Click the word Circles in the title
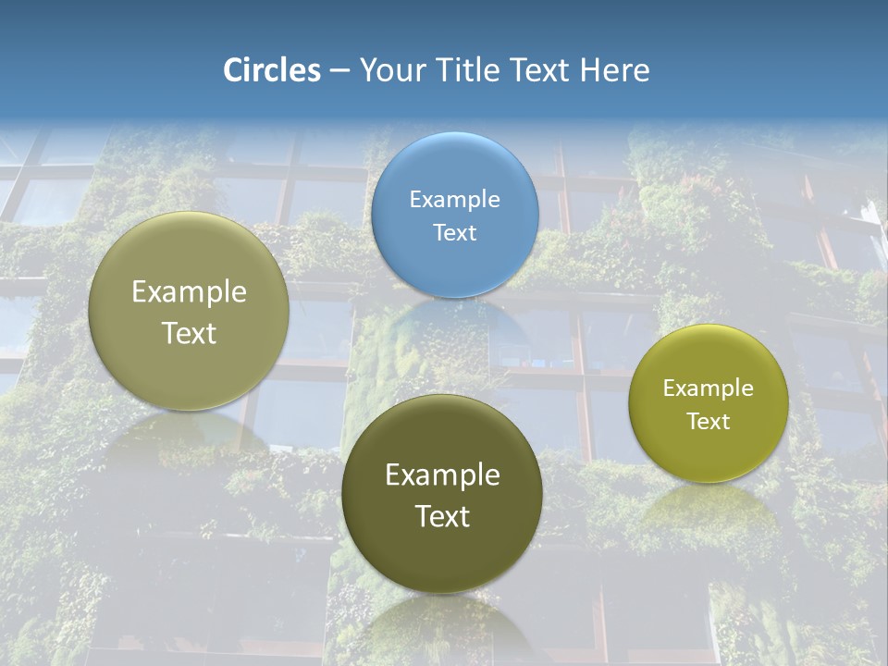[x=271, y=70]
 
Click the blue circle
[x=454, y=215]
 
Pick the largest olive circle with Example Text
[x=189, y=311]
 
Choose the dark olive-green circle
[x=442, y=493]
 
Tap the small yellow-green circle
[x=708, y=403]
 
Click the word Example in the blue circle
[x=454, y=199]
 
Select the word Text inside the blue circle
[x=454, y=232]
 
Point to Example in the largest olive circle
[x=189, y=292]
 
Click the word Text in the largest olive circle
[x=189, y=333]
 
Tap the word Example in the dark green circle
[x=442, y=475]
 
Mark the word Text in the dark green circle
[x=442, y=516]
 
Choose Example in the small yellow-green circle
[x=708, y=388]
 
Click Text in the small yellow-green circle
[x=708, y=422]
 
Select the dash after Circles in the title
[x=339, y=71]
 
